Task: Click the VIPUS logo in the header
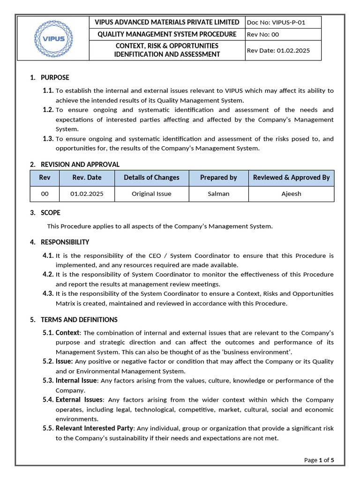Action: tap(53, 38)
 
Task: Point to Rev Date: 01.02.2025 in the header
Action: tap(278, 51)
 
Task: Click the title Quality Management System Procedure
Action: tap(167, 34)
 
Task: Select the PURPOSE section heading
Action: tap(55, 77)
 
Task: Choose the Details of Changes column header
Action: tap(151, 178)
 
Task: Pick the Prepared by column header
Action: tap(218, 178)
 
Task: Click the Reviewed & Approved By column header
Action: tap(291, 178)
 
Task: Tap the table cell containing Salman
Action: tap(218, 194)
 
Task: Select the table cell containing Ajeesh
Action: tap(291, 194)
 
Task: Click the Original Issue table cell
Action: tap(151, 194)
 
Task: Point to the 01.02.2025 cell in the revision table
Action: tap(87, 194)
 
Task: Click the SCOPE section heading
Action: tap(51, 213)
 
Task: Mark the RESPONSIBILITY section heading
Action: tap(65, 242)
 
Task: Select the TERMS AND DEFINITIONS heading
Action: tap(79, 320)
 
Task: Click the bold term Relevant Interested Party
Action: tap(95, 428)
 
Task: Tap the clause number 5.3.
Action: tap(48, 381)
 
